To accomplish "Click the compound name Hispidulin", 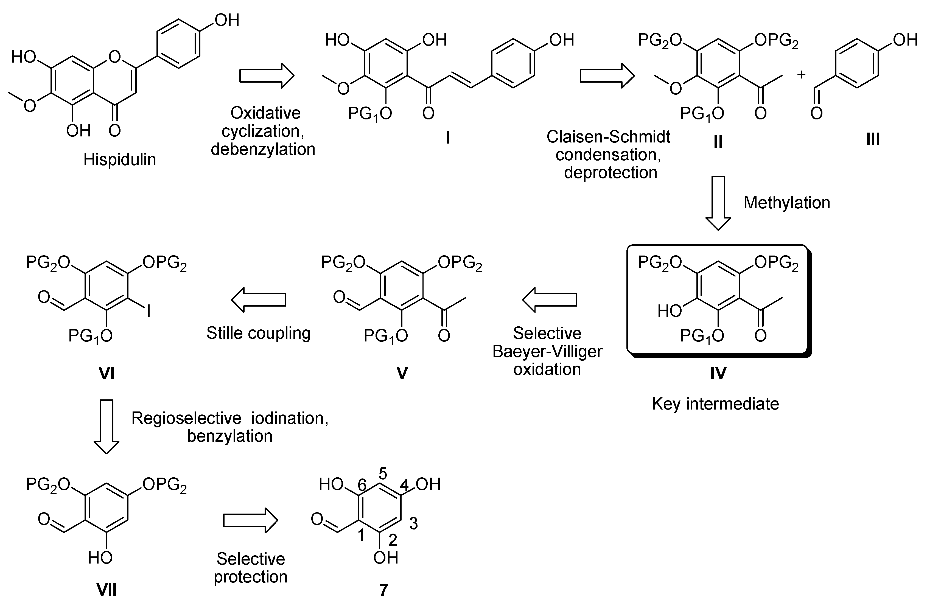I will click(x=120, y=160).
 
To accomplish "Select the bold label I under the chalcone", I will click(x=448, y=138).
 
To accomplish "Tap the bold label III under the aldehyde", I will click(x=873, y=139).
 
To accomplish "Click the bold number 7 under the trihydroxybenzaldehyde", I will click(x=384, y=590).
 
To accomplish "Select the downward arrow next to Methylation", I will click(x=718, y=203).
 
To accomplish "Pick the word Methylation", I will click(x=787, y=203).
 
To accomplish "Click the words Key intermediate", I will click(x=716, y=404).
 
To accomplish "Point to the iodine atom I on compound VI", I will click(x=149, y=311).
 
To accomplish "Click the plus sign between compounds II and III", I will click(x=801, y=74).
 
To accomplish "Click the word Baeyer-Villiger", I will click(x=547, y=352).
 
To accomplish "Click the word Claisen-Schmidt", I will click(x=608, y=137).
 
